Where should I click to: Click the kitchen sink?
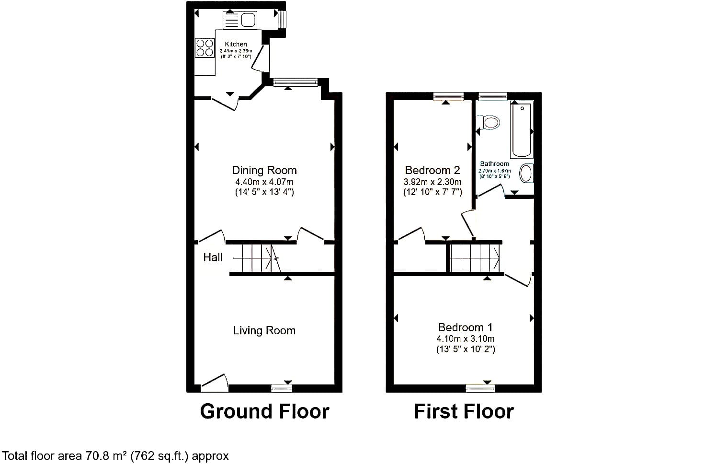point(240,20)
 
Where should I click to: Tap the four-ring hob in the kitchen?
point(205,48)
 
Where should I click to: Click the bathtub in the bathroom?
point(522,129)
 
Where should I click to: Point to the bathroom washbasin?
point(526,173)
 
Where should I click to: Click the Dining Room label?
point(264,170)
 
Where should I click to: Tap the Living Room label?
point(264,331)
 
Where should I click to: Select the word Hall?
point(213,257)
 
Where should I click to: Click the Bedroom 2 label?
point(432,170)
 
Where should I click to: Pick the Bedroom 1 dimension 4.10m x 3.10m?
point(466,339)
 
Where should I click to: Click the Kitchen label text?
point(236,44)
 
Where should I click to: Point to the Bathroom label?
point(495,163)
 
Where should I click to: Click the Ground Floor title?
point(264,411)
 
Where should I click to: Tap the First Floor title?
point(464,411)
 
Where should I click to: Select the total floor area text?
point(115,456)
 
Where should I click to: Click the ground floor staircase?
point(257,258)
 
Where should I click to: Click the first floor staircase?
point(475,258)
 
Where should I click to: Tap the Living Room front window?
point(282,388)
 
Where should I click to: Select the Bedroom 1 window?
point(480,388)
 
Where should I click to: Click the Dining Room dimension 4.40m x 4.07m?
point(264,182)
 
